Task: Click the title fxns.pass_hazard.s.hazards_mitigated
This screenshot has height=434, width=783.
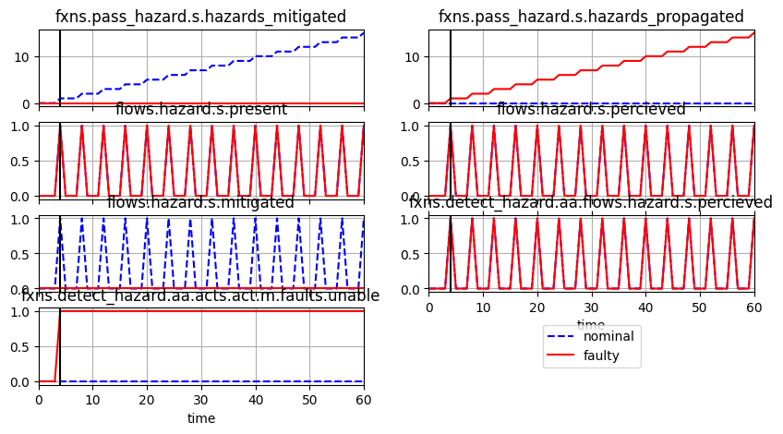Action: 200,17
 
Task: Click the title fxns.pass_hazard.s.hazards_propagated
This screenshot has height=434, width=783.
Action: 591,17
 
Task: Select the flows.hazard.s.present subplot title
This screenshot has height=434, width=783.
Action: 200,110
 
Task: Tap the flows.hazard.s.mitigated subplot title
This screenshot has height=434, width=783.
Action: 200,202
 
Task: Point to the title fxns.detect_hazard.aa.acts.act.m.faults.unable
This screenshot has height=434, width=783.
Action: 200,295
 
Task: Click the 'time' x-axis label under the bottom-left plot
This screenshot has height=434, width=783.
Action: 200,418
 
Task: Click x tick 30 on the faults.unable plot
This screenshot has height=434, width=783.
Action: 201,400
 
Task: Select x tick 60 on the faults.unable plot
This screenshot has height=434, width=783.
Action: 364,400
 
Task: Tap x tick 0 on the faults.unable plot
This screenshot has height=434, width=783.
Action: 39,400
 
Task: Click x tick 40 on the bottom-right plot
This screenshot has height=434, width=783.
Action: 645,307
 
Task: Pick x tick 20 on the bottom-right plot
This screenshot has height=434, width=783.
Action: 537,307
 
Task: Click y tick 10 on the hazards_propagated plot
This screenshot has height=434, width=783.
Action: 414,57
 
